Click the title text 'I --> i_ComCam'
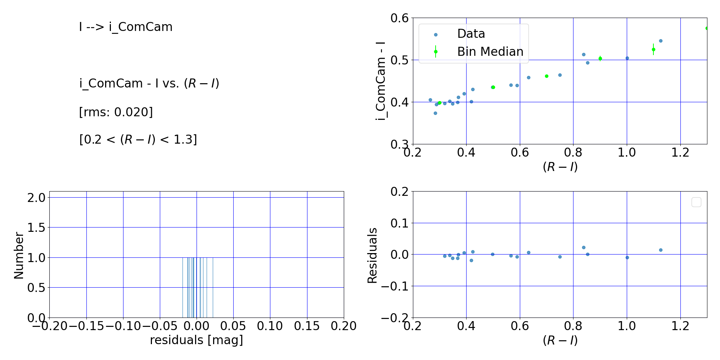(x=126, y=27)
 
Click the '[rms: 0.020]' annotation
(x=116, y=112)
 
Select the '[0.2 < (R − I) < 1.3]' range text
(x=138, y=139)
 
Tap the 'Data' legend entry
(x=471, y=34)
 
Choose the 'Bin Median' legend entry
(x=490, y=52)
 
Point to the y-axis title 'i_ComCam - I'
(x=381, y=81)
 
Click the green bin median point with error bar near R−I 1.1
(x=653, y=50)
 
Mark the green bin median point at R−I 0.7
(x=546, y=76)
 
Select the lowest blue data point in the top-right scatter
(x=435, y=113)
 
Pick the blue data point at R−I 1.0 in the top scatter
(x=627, y=58)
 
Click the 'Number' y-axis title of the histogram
(x=19, y=255)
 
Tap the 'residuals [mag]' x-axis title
(x=196, y=340)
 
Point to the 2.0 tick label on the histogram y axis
(x=36, y=198)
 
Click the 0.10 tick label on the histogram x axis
(x=270, y=326)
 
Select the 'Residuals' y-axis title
(x=372, y=255)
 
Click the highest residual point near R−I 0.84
(x=584, y=247)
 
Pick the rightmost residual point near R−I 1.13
(x=661, y=250)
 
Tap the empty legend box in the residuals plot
(x=696, y=202)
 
